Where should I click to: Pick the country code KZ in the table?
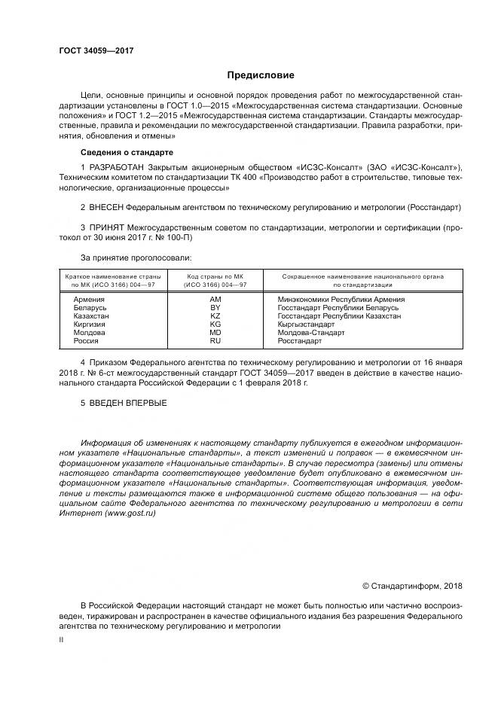(215, 316)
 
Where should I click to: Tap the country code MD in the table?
(215, 332)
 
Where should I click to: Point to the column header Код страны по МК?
(215, 276)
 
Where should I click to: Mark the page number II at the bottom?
(61, 638)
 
